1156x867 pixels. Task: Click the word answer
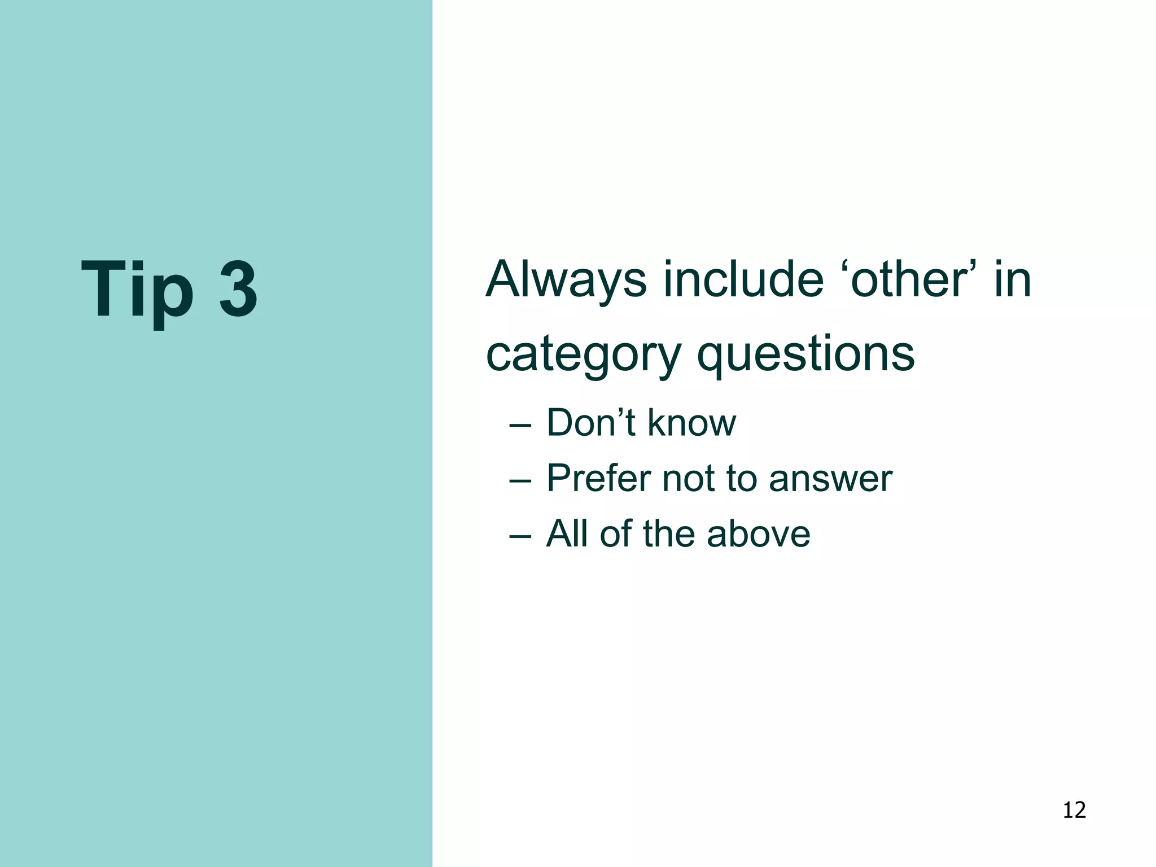[x=830, y=479]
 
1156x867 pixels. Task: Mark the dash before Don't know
[x=520, y=424]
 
